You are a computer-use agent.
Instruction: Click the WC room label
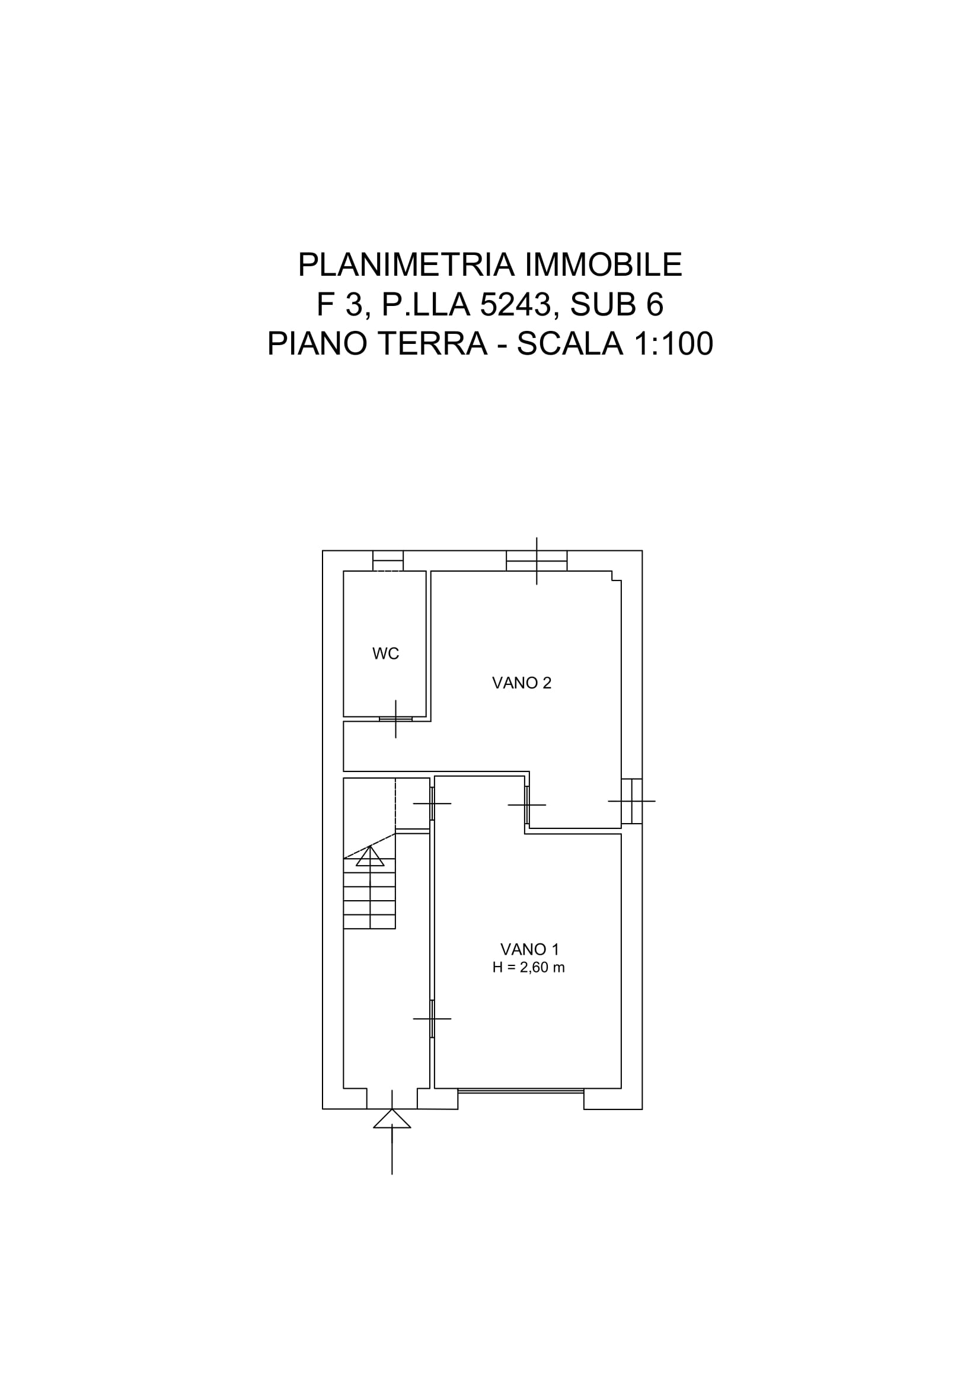(x=386, y=653)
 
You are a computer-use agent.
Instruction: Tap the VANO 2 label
(x=522, y=683)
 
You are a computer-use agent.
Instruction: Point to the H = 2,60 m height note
(x=528, y=967)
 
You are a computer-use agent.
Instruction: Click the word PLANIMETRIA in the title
(x=406, y=264)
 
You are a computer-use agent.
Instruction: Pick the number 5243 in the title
(x=516, y=304)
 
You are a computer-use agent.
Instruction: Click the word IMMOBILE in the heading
(x=604, y=264)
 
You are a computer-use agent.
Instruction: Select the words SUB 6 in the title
(x=617, y=304)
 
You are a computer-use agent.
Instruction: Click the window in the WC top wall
(x=388, y=561)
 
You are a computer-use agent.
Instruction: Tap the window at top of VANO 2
(x=536, y=561)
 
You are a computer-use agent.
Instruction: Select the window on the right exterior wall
(x=631, y=801)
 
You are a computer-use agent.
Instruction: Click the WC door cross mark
(x=395, y=719)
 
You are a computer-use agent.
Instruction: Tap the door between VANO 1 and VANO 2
(x=527, y=805)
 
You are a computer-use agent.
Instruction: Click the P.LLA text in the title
(x=426, y=304)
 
